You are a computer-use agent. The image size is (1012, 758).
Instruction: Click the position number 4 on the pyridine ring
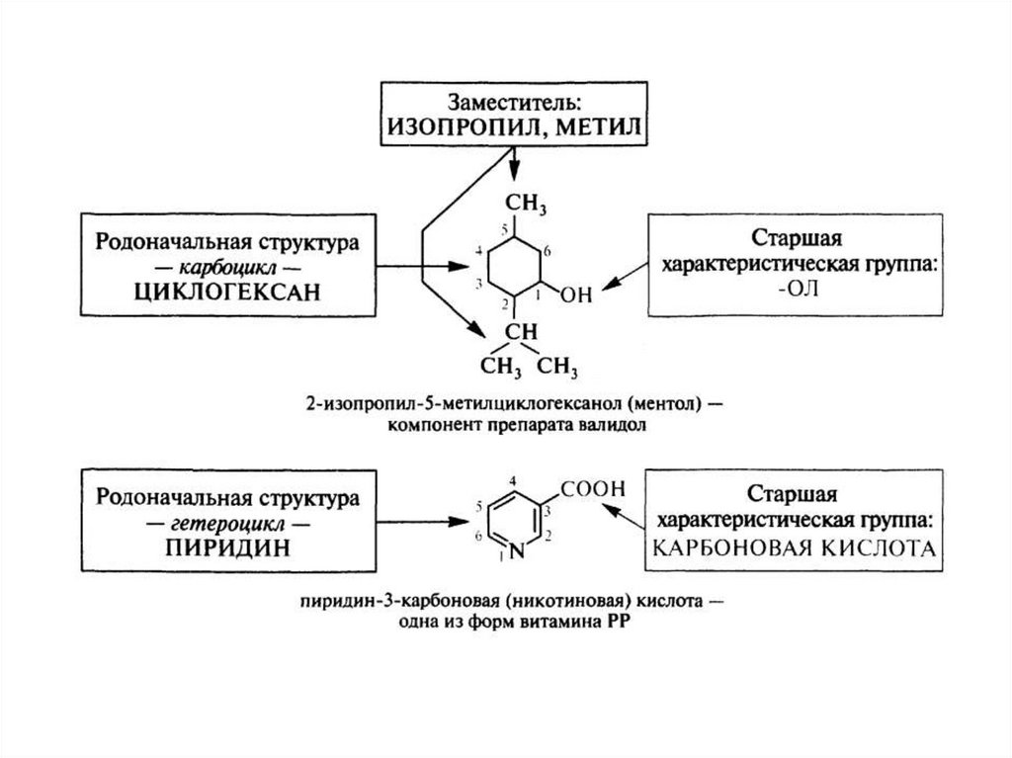point(512,481)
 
